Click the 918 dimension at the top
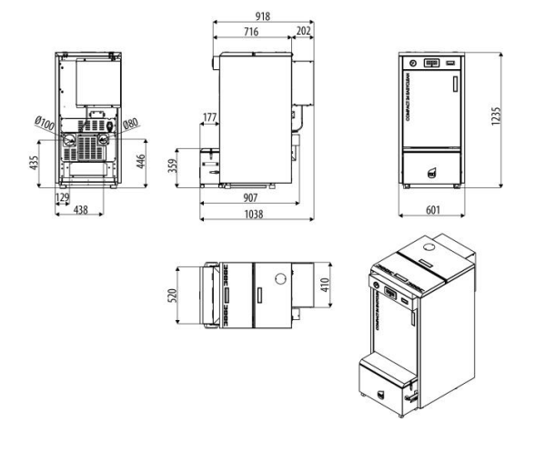click(263, 16)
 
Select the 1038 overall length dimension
click(256, 214)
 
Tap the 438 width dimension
click(83, 210)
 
